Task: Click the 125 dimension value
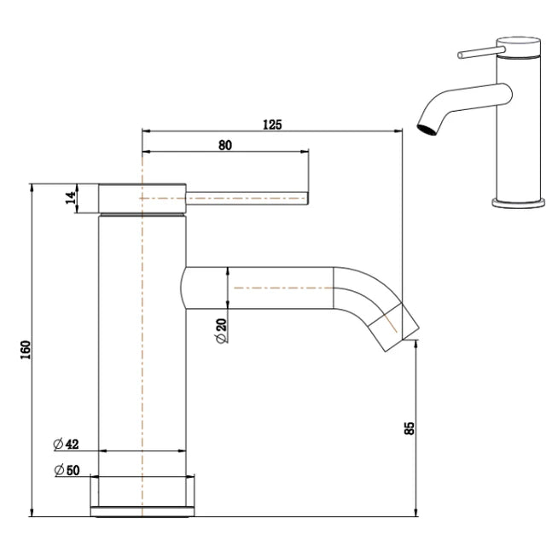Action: tap(271, 124)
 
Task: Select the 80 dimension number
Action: tap(224, 145)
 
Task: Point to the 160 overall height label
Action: tap(25, 351)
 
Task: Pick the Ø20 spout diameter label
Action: tap(221, 328)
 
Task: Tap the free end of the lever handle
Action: tap(305, 198)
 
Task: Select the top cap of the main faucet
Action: tap(142, 197)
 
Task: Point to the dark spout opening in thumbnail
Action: tap(423, 130)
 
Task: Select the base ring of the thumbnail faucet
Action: tap(518, 203)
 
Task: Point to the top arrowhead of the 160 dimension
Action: tap(32, 187)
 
